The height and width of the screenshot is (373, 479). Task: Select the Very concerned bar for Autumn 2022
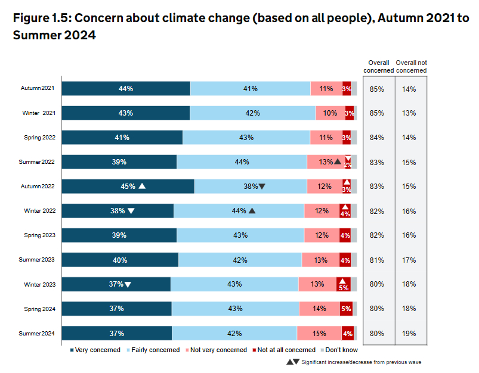128,186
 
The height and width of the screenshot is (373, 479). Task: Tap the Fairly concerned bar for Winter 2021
252,113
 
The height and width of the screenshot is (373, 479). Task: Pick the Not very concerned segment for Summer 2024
319,333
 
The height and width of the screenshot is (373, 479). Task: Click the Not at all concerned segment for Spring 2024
346,309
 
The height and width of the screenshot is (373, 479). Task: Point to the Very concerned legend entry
95,350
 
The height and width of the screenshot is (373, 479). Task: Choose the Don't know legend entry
342,350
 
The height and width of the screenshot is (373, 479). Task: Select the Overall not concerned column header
412,66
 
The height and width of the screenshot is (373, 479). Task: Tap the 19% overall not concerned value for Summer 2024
409,333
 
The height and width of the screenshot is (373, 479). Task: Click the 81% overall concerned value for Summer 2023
376,260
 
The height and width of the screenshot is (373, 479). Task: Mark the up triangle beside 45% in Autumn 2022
142,186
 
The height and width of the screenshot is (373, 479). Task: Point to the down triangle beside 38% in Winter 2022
131,210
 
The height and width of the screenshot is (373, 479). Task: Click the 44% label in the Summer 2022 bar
242,161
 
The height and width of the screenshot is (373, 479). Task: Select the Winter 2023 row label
40,284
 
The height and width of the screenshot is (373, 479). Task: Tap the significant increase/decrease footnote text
361,362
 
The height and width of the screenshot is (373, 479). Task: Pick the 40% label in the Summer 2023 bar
120,260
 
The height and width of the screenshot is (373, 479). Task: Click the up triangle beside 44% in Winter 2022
252,210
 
